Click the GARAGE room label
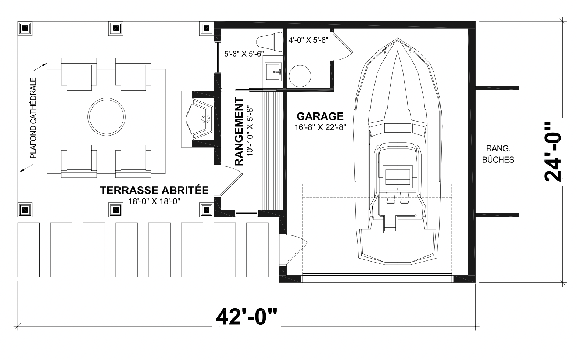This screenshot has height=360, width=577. tap(320, 116)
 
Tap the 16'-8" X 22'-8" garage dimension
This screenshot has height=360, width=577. tap(320, 127)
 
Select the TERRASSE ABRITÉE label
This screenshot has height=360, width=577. tap(154, 190)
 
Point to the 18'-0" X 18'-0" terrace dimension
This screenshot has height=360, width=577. tap(154, 201)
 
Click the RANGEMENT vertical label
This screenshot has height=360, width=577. tap(239, 132)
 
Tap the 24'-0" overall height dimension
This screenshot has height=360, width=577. tap(552, 152)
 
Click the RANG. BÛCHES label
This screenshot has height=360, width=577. tap(498, 154)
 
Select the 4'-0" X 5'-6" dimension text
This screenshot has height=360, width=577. tap(308, 40)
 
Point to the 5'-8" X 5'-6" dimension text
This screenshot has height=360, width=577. tap(244, 54)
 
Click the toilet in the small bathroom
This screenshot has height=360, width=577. tap(269, 42)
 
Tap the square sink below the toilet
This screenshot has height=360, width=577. tap(273, 72)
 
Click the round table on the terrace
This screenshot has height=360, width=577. tap(107, 117)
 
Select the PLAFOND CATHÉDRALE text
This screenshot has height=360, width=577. tap(33, 118)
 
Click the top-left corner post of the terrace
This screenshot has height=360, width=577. tap(25, 28)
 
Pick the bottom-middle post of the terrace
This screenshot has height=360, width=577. tap(116, 210)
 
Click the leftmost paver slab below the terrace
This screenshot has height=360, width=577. tap(29, 250)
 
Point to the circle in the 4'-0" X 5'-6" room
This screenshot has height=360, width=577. tap(300, 76)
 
